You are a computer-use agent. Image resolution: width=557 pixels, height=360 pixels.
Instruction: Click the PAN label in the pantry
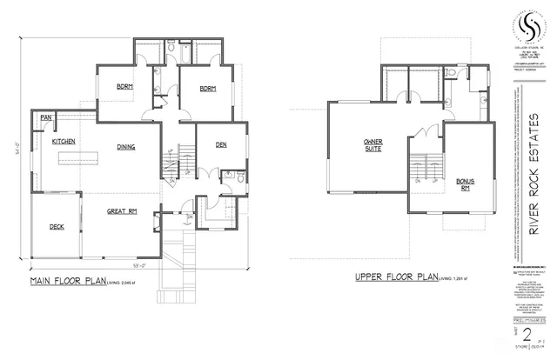click(44, 117)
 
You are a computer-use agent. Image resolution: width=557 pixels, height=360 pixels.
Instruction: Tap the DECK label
click(57, 227)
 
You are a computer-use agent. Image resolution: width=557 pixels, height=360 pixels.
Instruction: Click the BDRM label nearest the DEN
click(207, 90)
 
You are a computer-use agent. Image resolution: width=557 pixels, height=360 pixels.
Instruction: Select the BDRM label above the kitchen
click(125, 86)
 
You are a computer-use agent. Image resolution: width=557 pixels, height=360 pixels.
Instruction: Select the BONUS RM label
click(465, 184)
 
